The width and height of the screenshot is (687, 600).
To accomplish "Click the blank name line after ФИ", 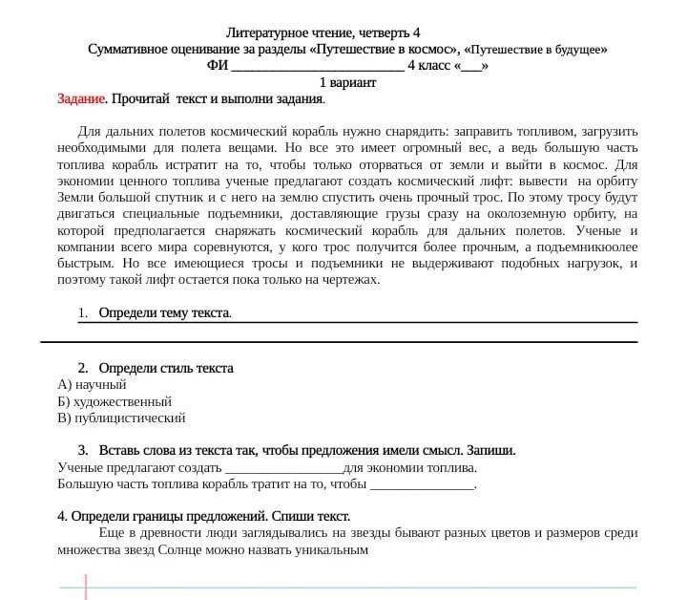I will pos(318,66).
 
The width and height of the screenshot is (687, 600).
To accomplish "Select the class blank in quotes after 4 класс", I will pos(471,66).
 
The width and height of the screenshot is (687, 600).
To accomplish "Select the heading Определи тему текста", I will pos(164,313).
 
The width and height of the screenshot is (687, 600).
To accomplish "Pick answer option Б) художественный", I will pos(114,401).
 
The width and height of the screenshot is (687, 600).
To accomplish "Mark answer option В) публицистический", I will pos(121,418).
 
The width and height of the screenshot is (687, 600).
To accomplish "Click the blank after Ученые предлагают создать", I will pos(282,468).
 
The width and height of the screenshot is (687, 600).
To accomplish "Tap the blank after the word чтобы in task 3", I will pos(421,484).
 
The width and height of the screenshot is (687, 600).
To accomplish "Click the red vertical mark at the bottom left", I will pos(86,586).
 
